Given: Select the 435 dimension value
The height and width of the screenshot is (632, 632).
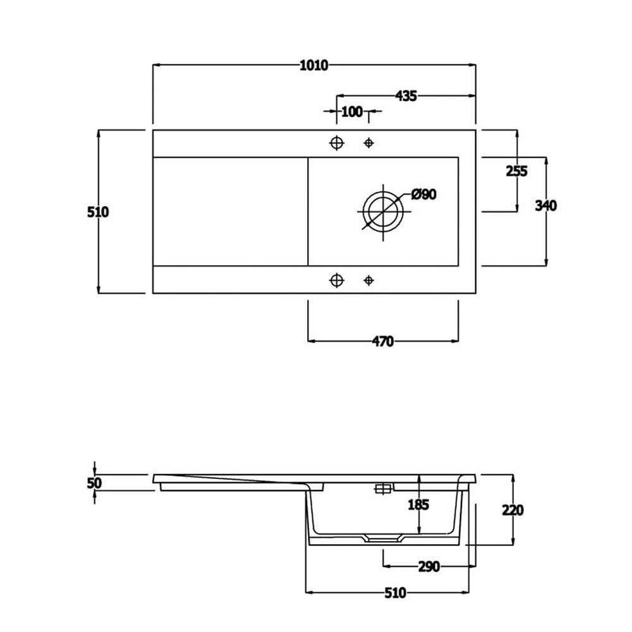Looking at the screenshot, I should (406, 96).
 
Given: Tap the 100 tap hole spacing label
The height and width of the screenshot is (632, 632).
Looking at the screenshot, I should (351, 112).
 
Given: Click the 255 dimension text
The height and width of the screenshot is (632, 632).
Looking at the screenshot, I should (516, 171).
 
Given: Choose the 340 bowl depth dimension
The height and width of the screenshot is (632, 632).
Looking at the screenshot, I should (545, 205).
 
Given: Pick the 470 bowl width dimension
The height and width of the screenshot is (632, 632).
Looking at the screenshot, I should (382, 342).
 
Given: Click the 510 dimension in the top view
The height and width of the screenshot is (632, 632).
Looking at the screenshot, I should (98, 212).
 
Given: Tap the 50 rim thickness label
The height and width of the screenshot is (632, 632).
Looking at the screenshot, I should (95, 483).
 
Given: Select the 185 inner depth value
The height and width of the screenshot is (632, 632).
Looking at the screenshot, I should (418, 504).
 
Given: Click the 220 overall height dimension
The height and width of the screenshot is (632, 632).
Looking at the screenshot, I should (513, 509).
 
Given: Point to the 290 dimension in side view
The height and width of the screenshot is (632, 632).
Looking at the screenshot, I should (428, 567).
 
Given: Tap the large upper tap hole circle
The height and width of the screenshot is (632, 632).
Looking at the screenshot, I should (337, 142).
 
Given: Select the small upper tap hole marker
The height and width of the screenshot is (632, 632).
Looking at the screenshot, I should (369, 143).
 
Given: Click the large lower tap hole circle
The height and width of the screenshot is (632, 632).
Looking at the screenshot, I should (337, 280).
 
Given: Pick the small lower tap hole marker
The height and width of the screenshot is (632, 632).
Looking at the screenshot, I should (369, 280).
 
